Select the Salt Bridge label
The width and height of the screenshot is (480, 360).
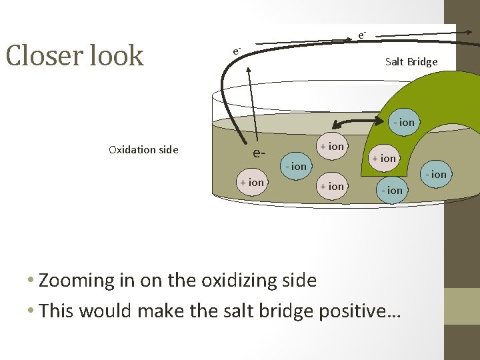pos(411,62)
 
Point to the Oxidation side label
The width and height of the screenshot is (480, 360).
pos(143,150)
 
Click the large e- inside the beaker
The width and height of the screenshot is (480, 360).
pos(259,153)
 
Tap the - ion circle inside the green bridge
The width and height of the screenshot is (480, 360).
pos(403,123)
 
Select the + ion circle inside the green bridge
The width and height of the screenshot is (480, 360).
pos(384,159)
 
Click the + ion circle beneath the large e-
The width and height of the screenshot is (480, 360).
pos(252,182)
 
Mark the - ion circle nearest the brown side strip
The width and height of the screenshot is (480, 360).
pos(437,175)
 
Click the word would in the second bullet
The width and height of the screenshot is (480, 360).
pos(107,311)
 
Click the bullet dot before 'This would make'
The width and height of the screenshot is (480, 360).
pos(31,311)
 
